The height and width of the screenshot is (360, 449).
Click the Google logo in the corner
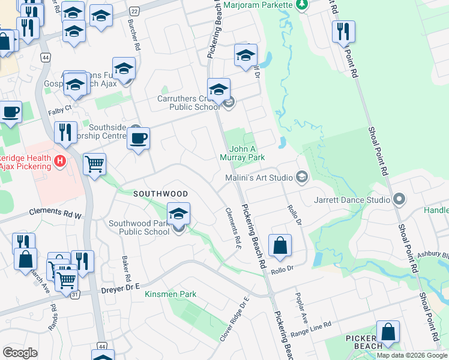click(x=20, y=353)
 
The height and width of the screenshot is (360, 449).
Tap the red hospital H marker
click(x=59, y=161)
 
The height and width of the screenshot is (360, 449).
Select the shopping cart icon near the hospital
click(x=95, y=163)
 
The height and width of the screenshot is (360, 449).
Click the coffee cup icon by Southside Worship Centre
click(x=139, y=139)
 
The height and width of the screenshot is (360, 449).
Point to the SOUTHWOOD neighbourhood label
click(x=160, y=194)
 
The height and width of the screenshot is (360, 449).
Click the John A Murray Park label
click(x=246, y=153)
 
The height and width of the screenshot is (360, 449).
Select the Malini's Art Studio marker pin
click(x=301, y=177)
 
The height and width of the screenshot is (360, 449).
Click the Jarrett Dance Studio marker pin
click(x=399, y=199)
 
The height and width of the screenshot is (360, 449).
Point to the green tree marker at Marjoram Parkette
click(x=301, y=5)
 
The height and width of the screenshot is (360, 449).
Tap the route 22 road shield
click(x=134, y=11)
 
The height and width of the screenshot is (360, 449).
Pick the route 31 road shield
click(x=75, y=295)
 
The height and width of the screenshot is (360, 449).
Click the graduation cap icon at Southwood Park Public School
click(x=178, y=213)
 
